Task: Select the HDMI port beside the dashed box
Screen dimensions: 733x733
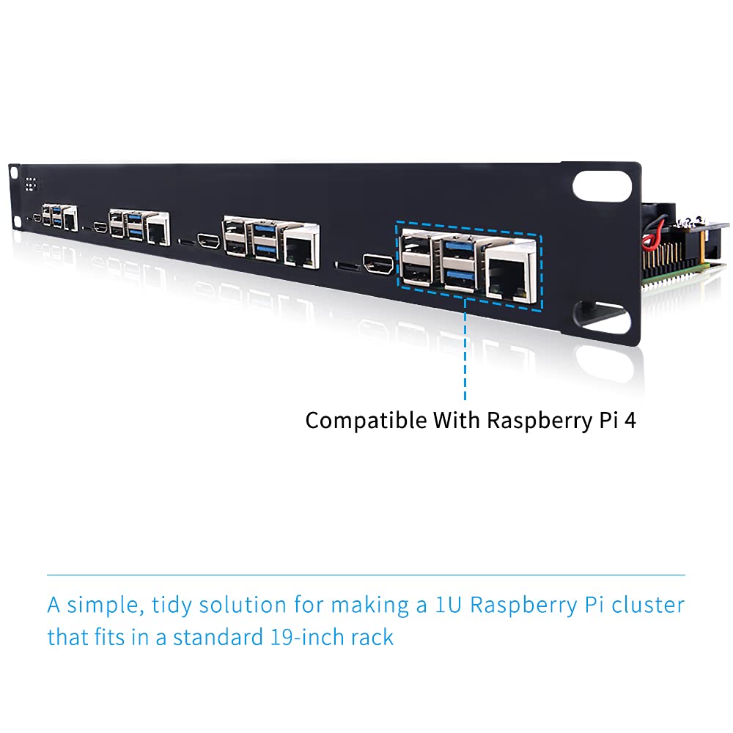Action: point(380,266)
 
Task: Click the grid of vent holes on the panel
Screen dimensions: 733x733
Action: point(31,184)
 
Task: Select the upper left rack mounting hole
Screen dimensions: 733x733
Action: point(13,173)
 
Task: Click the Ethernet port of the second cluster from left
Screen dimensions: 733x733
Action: point(157,230)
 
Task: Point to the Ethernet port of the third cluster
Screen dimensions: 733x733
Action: point(299,246)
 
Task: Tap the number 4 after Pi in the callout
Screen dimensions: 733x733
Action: point(630,421)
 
